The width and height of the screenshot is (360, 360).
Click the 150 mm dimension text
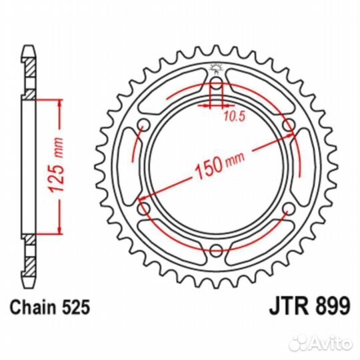220,163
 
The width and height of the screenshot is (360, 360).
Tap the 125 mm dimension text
55,165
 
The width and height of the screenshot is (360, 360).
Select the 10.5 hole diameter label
235,117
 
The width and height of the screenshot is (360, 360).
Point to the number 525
75,307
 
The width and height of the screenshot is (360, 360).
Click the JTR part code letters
289,305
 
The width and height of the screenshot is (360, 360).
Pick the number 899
333,305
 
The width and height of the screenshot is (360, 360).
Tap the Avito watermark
321,343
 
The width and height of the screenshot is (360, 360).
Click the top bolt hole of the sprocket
216,83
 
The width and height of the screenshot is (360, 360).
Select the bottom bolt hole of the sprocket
216,250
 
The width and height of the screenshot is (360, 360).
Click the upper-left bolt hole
144,125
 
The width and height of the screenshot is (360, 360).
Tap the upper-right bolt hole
289,125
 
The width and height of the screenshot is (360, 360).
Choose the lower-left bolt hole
144,209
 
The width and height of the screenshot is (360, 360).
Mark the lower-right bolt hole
289,209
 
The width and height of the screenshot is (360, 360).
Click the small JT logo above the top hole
216,69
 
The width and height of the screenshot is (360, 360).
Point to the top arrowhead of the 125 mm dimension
60,104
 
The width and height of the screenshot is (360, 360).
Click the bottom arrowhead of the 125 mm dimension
60,230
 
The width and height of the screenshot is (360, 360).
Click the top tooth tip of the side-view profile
29,47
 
